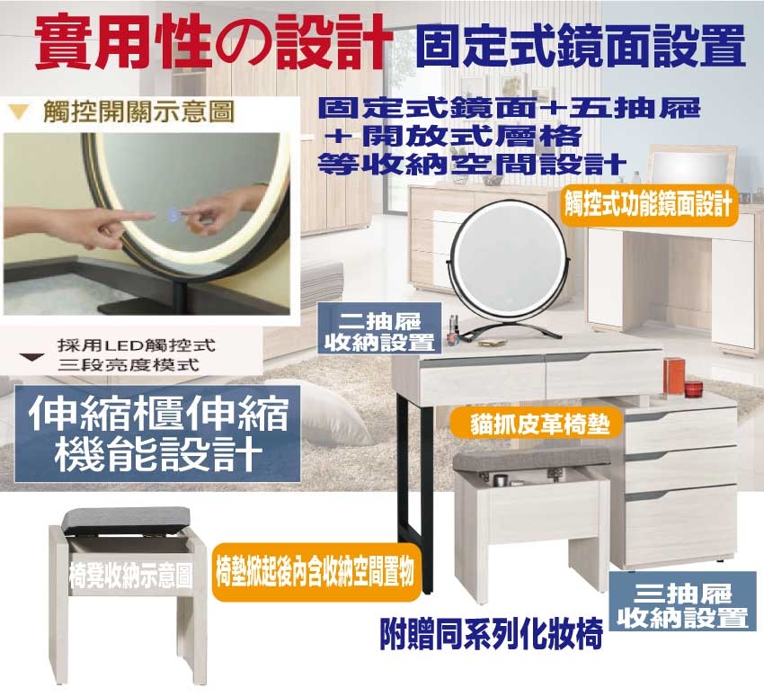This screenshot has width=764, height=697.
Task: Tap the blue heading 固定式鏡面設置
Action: pos(581,47)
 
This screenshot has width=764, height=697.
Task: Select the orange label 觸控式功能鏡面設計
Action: pos(649,205)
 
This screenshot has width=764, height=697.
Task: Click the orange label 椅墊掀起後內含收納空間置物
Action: pos(316,571)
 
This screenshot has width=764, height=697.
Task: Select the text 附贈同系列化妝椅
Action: pos(491,633)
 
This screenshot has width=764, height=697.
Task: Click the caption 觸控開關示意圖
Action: pos(138,112)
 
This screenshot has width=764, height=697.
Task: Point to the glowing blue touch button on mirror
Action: pos(173,212)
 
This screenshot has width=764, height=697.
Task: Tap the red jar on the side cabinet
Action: pos(693,389)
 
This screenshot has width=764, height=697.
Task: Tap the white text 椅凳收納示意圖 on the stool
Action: pos(130,576)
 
